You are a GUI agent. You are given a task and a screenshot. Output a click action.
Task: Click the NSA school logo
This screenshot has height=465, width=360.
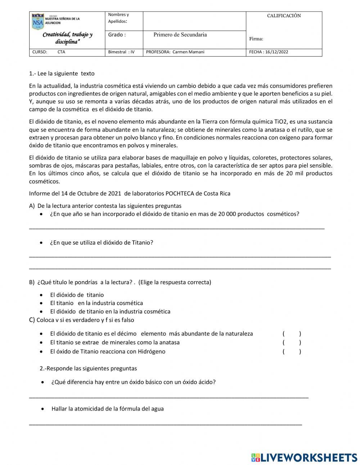click(x=38, y=21)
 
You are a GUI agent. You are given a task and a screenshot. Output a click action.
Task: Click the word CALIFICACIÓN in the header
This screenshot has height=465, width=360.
click(x=284, y=16)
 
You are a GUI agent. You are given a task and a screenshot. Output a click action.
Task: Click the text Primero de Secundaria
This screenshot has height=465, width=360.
click(x=180, y=35)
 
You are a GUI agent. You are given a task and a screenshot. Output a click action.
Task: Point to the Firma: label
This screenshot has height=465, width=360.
click(x=256, y=39)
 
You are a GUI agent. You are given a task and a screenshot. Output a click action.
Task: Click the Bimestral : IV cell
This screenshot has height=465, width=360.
click(x=121, y=52)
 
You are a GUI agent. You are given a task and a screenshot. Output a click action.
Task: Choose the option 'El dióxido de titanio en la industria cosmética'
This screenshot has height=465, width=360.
click(x=110, y=312)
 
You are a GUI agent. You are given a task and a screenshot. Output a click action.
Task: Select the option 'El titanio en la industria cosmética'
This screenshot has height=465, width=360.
click(x=96, y=303)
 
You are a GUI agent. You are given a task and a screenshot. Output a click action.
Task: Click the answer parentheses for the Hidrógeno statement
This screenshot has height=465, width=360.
click(x=292, y=352)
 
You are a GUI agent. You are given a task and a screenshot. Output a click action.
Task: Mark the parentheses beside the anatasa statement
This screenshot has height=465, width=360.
click(x=292, y=343)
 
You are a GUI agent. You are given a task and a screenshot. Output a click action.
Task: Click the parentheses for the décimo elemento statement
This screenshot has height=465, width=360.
click(x=292, y=334)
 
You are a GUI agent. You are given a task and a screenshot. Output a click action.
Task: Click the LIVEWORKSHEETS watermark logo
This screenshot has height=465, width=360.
click(x=304, y=457)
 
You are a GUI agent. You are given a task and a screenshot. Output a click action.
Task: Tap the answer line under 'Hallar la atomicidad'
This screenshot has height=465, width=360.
click(x=166, y=424)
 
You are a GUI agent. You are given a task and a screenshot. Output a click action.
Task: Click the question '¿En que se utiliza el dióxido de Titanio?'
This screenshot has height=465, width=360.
click(x=102, y=243)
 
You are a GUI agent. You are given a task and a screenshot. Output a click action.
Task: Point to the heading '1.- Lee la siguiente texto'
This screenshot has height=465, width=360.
click(x=62, y=73)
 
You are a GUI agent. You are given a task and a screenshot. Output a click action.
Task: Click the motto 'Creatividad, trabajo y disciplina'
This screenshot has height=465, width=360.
click(x=67, y=38)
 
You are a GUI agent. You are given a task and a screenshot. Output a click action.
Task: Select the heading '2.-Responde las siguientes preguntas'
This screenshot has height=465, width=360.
click(x=88, y=368)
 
